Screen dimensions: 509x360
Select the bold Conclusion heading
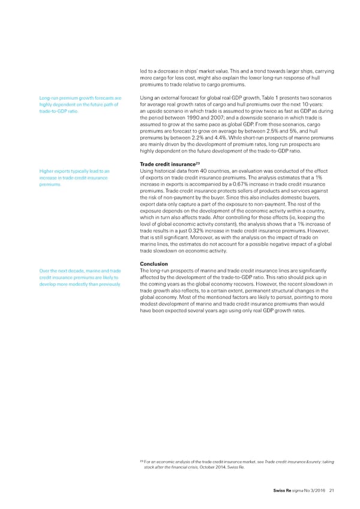click(154, 264)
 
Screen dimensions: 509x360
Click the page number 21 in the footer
click(332, 492)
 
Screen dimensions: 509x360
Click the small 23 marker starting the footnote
click(140, 459)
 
